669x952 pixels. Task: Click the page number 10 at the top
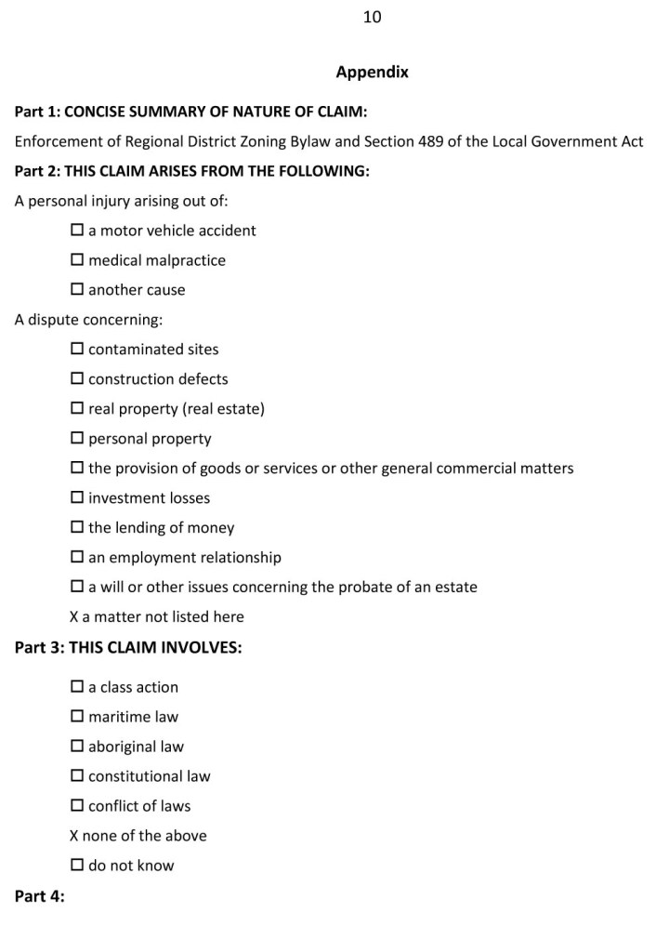tap(373, 17)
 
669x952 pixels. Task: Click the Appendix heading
tap(372, 72)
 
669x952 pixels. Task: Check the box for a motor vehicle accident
tap(77, 231)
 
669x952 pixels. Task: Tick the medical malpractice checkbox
tap(77, 260)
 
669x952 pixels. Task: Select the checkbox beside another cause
tap(77, 290)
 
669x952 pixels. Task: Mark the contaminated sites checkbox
tap(77, 350)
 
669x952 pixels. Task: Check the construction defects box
tap(77, 379)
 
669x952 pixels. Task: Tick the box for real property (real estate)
tap(77, 409)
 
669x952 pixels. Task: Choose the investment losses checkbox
tap(77, 498)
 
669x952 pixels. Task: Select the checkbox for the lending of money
tap(77, 528)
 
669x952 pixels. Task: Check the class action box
tap(77, 688)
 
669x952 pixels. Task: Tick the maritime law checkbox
tap(77, 718)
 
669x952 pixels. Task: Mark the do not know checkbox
tap(77, 866)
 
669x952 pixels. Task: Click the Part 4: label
tap(40, 897)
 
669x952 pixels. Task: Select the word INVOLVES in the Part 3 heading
tap(202, 648)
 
